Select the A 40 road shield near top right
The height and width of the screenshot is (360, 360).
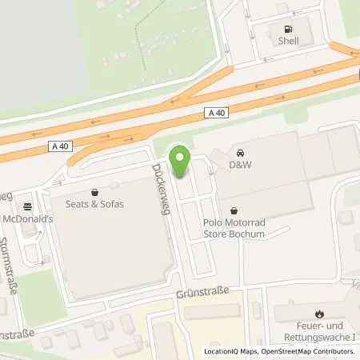216,113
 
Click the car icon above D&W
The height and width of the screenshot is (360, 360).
239,152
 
